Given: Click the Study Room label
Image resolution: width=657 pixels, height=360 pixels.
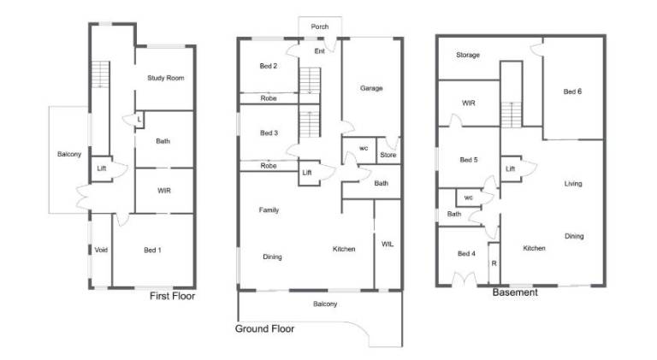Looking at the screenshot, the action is (x=165, y=78).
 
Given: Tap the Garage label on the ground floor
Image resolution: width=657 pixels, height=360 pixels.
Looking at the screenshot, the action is (x=371, y=88).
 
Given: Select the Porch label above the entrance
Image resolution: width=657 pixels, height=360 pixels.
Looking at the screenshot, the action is (x=320, y=27).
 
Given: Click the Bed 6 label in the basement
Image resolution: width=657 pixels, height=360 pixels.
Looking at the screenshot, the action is (x=572, y=91).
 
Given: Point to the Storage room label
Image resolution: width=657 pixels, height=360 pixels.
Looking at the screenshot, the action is (x=468, y=55).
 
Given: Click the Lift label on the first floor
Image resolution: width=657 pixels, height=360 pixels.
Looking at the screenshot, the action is (x=102, y=168).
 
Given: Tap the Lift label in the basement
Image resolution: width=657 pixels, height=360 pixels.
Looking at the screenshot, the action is (x=510, y=168).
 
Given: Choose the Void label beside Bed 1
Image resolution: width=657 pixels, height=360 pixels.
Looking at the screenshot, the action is (x=101, y=250).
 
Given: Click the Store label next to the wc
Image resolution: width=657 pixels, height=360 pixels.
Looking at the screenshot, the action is (x=388, y=155).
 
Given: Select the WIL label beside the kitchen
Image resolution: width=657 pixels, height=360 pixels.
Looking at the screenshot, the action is (x=388, y=244).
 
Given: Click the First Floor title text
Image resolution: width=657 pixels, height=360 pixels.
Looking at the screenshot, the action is (x=172, y=296).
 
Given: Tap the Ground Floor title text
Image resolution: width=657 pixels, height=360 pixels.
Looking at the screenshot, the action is (x=264, y=328).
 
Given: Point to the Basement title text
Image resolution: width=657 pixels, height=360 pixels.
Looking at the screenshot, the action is (x=515, y=292).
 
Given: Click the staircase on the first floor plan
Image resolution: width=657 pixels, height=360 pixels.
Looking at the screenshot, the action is (x=101, y=74).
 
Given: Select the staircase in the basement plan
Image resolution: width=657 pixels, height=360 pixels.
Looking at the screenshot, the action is (x=512, y=115).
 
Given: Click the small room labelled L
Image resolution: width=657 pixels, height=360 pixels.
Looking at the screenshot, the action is (x=139, y=120).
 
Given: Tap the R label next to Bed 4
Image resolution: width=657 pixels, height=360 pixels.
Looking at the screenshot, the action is (x=494, y=263).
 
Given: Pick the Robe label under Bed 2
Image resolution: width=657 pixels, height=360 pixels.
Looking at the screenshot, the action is (x=269, y=98).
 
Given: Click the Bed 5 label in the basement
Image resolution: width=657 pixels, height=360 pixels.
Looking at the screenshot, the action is (x=469, y=160).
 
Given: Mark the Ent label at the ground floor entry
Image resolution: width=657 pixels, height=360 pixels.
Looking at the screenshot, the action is (x=320, y=51).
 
